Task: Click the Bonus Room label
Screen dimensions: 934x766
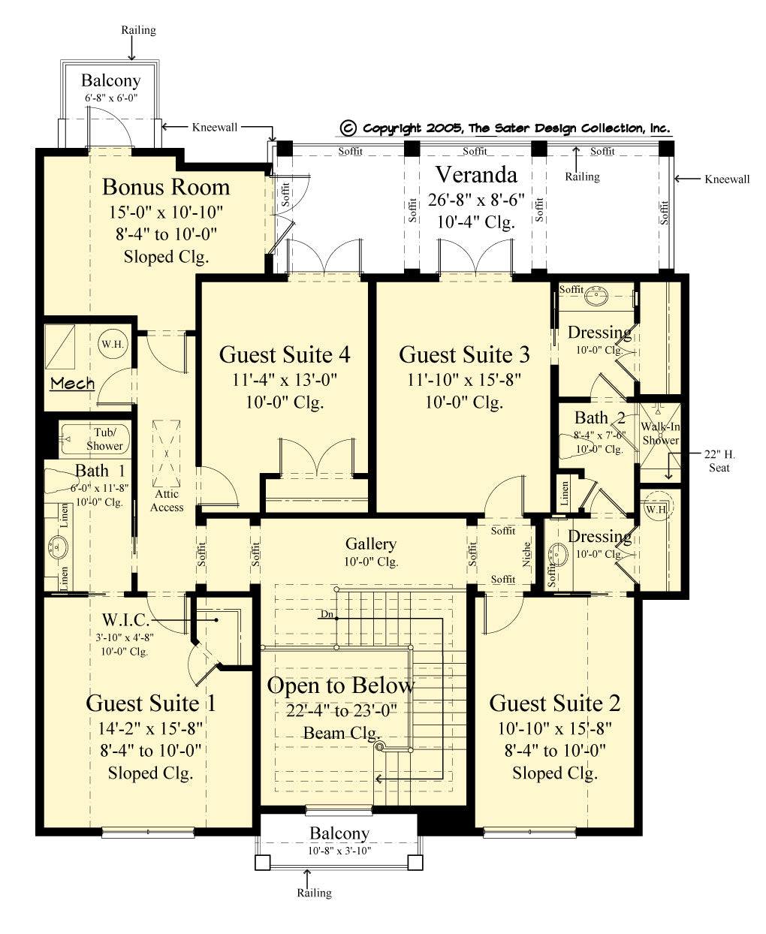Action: point(166,187)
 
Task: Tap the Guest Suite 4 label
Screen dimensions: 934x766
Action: point(285,354)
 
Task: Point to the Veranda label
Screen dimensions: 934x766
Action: point(476,175)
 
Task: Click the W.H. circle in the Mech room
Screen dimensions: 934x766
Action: point(113,344)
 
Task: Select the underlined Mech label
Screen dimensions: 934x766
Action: point(72,384)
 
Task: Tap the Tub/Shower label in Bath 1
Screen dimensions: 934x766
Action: point(104,439)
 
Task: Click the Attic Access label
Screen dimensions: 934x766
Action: point(167,501)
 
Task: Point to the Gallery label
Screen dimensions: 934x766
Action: point(371,544)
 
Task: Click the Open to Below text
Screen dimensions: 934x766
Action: point(340,685)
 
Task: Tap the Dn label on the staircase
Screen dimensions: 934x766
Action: point(327,614)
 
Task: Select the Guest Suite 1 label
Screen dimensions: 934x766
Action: point(151,704)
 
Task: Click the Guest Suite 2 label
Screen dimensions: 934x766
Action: point(555,704)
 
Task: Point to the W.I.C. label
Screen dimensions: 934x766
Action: point(125,620)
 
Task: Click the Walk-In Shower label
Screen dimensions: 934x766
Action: point(660,434)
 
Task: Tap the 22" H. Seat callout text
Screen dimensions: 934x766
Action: point(719,461)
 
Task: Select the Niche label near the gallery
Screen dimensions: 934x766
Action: point(527,554)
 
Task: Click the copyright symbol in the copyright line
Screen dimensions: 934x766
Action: point(348,128)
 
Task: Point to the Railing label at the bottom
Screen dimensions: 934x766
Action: point(314,893)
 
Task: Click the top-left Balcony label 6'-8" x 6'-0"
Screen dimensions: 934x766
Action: point(111,81)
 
